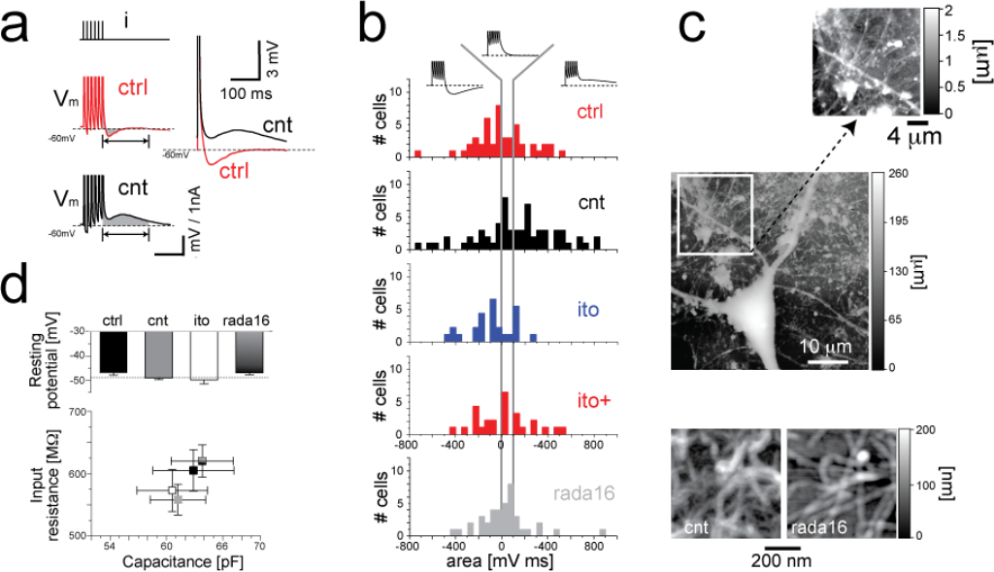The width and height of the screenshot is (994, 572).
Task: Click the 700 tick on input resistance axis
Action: [x=72, y=412]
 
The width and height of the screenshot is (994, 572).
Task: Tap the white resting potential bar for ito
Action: [x=203, y=355]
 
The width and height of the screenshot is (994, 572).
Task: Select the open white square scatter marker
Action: [x=172, y=490]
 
